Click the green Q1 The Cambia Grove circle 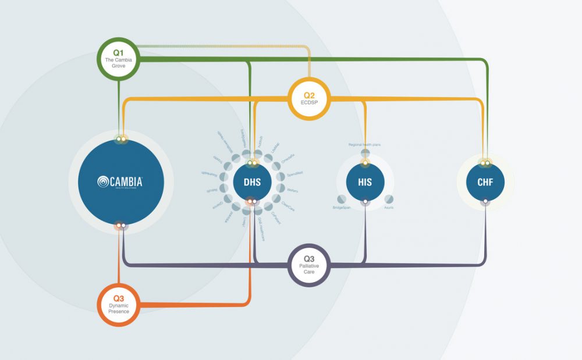118,58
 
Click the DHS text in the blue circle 251,182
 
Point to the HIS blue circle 365,182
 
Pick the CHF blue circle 485,182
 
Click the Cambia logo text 120,181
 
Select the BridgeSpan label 342,208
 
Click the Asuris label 389,208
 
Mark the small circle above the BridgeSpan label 341,199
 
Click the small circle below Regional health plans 365,153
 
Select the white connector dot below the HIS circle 365,202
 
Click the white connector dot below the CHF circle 485,202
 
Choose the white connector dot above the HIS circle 365,163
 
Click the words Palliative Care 310,269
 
